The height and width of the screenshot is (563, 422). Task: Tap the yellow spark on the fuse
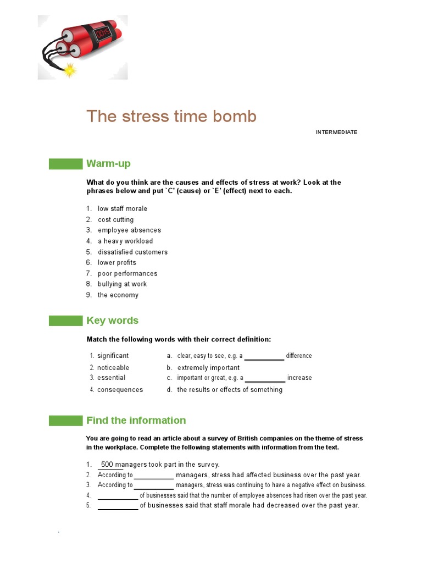(69, 69)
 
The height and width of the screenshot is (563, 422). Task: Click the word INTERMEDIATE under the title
(336, 133)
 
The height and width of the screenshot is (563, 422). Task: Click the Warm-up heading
(108, 164)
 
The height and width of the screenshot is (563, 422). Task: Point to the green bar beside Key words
(65, 321)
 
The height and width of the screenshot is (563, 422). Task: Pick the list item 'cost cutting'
(115, 220)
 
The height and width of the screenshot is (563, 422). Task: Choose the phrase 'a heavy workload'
(125, 241)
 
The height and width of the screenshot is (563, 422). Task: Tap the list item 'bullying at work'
(122, 284)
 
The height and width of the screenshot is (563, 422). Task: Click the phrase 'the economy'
(118, 295)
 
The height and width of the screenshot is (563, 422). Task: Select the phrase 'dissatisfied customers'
(132, 252)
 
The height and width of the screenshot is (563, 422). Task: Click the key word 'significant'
(113, 356)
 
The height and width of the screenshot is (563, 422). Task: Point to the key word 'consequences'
(120, 390)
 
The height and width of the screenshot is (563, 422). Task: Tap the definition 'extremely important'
(208, 368)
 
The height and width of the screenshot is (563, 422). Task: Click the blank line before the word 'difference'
(264, 358)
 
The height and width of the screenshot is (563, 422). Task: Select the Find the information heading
(136, 421)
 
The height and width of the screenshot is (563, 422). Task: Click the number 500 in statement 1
(107, 465)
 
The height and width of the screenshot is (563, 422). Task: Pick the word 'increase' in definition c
(299, 378)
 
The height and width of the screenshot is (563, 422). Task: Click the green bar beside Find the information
(65, 421)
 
